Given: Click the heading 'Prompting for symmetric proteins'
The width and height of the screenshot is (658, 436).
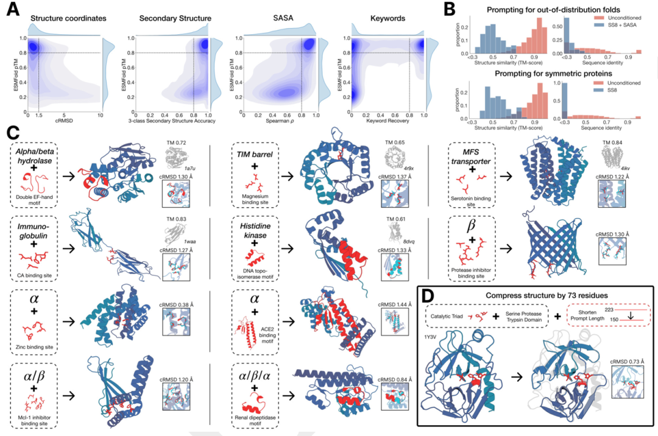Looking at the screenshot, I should click(x=537, y=74).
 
